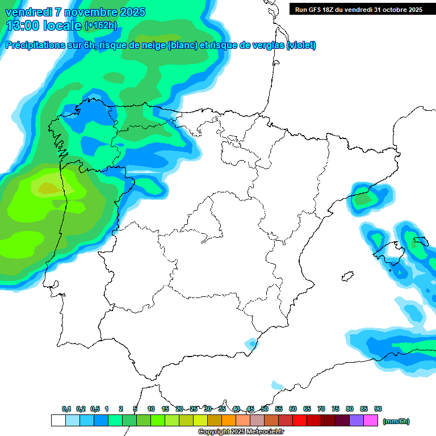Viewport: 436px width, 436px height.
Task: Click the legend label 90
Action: (378, 409)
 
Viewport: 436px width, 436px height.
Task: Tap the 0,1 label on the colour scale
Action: (66, 409)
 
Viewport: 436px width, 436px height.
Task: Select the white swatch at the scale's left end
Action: (58, 421)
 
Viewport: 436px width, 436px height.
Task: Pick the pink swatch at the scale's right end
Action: (371, 421)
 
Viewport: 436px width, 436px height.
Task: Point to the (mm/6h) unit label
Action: (396, 421)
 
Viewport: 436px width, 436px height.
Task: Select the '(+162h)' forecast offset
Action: (100, 26)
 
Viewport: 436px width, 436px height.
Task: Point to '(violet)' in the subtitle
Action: (301, 45)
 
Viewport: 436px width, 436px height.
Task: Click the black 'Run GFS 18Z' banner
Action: (358, 9)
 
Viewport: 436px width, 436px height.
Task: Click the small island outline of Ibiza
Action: (345, 277)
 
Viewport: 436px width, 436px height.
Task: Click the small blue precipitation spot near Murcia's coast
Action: (251, 343)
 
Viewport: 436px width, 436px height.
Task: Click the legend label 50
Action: (265, 409)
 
